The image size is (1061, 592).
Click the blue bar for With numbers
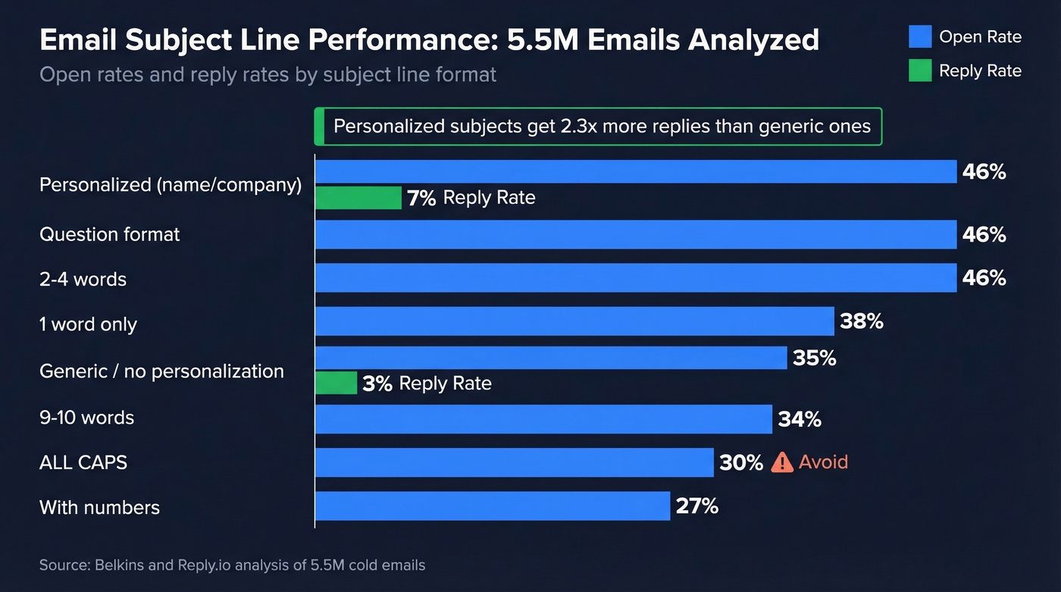[493, 506]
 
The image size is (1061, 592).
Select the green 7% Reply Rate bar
[358, 198]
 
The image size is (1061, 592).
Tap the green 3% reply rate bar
[336, 383]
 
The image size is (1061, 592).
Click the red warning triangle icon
[781, 462]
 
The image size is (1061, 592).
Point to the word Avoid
[823, 462]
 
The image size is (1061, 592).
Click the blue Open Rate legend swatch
[919, 36]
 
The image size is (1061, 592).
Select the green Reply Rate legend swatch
[919, 70]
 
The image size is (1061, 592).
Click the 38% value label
[862, 321]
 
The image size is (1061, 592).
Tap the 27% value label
[696, 506]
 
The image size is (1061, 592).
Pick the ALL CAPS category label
[83, 462]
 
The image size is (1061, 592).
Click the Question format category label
[110, 234]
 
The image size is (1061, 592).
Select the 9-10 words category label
[86, 418]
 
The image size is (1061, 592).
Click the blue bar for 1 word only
[574, 321]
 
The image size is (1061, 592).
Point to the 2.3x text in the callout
[578, 126]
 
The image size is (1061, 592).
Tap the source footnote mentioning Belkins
[232, 565]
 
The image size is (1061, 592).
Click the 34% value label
[800, 418]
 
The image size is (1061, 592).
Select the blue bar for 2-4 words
[635, 278]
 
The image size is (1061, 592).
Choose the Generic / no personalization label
[161, 371]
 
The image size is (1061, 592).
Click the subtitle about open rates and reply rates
[268, 75]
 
